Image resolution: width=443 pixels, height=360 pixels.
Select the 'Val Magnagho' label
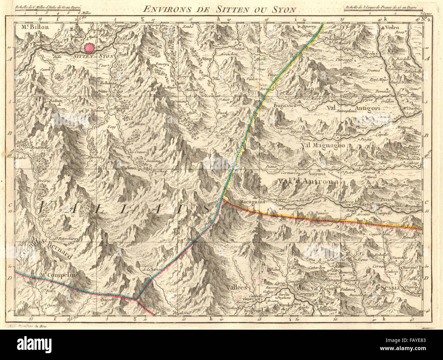pos(323,146)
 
